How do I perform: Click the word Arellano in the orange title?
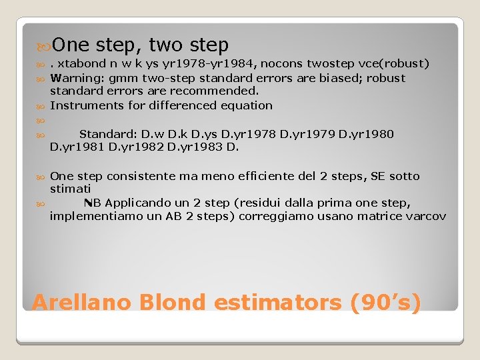(74, 302)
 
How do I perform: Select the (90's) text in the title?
(386, 302)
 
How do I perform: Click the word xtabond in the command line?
(79, 64)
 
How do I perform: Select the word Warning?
(74, 78)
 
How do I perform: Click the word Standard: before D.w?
(107, 134)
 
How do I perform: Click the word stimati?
(67, 189)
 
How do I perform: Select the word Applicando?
(135, 203)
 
